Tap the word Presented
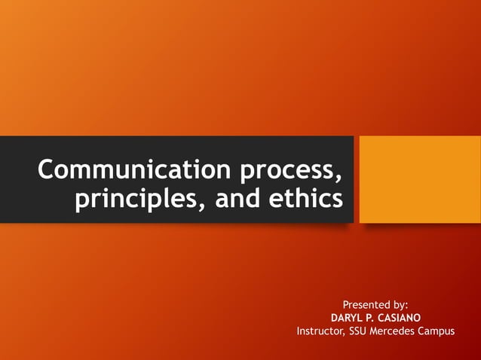(366, 305)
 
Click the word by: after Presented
(400, 305)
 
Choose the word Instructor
(322, 331)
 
